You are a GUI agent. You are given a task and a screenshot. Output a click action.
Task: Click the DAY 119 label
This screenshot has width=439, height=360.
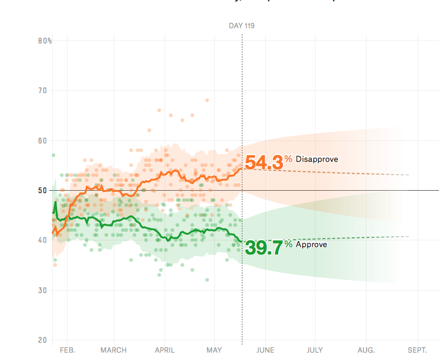[x=242, y=26]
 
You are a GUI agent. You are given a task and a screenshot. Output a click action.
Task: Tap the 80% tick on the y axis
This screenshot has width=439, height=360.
[x=45, y=41]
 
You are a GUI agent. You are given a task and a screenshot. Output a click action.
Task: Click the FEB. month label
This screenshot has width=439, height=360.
[x=67, y=350]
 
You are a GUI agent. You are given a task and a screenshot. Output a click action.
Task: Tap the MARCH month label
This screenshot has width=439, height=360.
[x=114, y=350]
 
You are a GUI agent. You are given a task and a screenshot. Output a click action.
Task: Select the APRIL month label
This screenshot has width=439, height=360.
[x=165, y=350]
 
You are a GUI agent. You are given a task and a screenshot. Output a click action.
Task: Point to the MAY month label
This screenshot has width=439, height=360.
[x=214, y=350]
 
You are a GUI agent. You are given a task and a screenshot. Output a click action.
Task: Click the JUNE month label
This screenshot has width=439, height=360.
[x=265, y=350]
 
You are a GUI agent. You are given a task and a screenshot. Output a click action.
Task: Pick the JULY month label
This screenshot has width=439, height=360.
[x=315, y=350]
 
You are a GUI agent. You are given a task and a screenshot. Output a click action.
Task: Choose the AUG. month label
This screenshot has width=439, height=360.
[x=366, y=350]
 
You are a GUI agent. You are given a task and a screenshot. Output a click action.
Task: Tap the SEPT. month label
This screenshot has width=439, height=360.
[x=418, y=350]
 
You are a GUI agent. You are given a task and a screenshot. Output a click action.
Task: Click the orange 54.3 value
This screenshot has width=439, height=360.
[x=263, y=163]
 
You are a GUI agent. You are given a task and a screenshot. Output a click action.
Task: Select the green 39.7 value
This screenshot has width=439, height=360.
[x=263, y=248]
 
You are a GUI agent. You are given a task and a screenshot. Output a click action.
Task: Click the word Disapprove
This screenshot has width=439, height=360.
[x=317, y=159]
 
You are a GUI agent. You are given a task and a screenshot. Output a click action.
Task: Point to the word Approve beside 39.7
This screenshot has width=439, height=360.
[x=311, y=245]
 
